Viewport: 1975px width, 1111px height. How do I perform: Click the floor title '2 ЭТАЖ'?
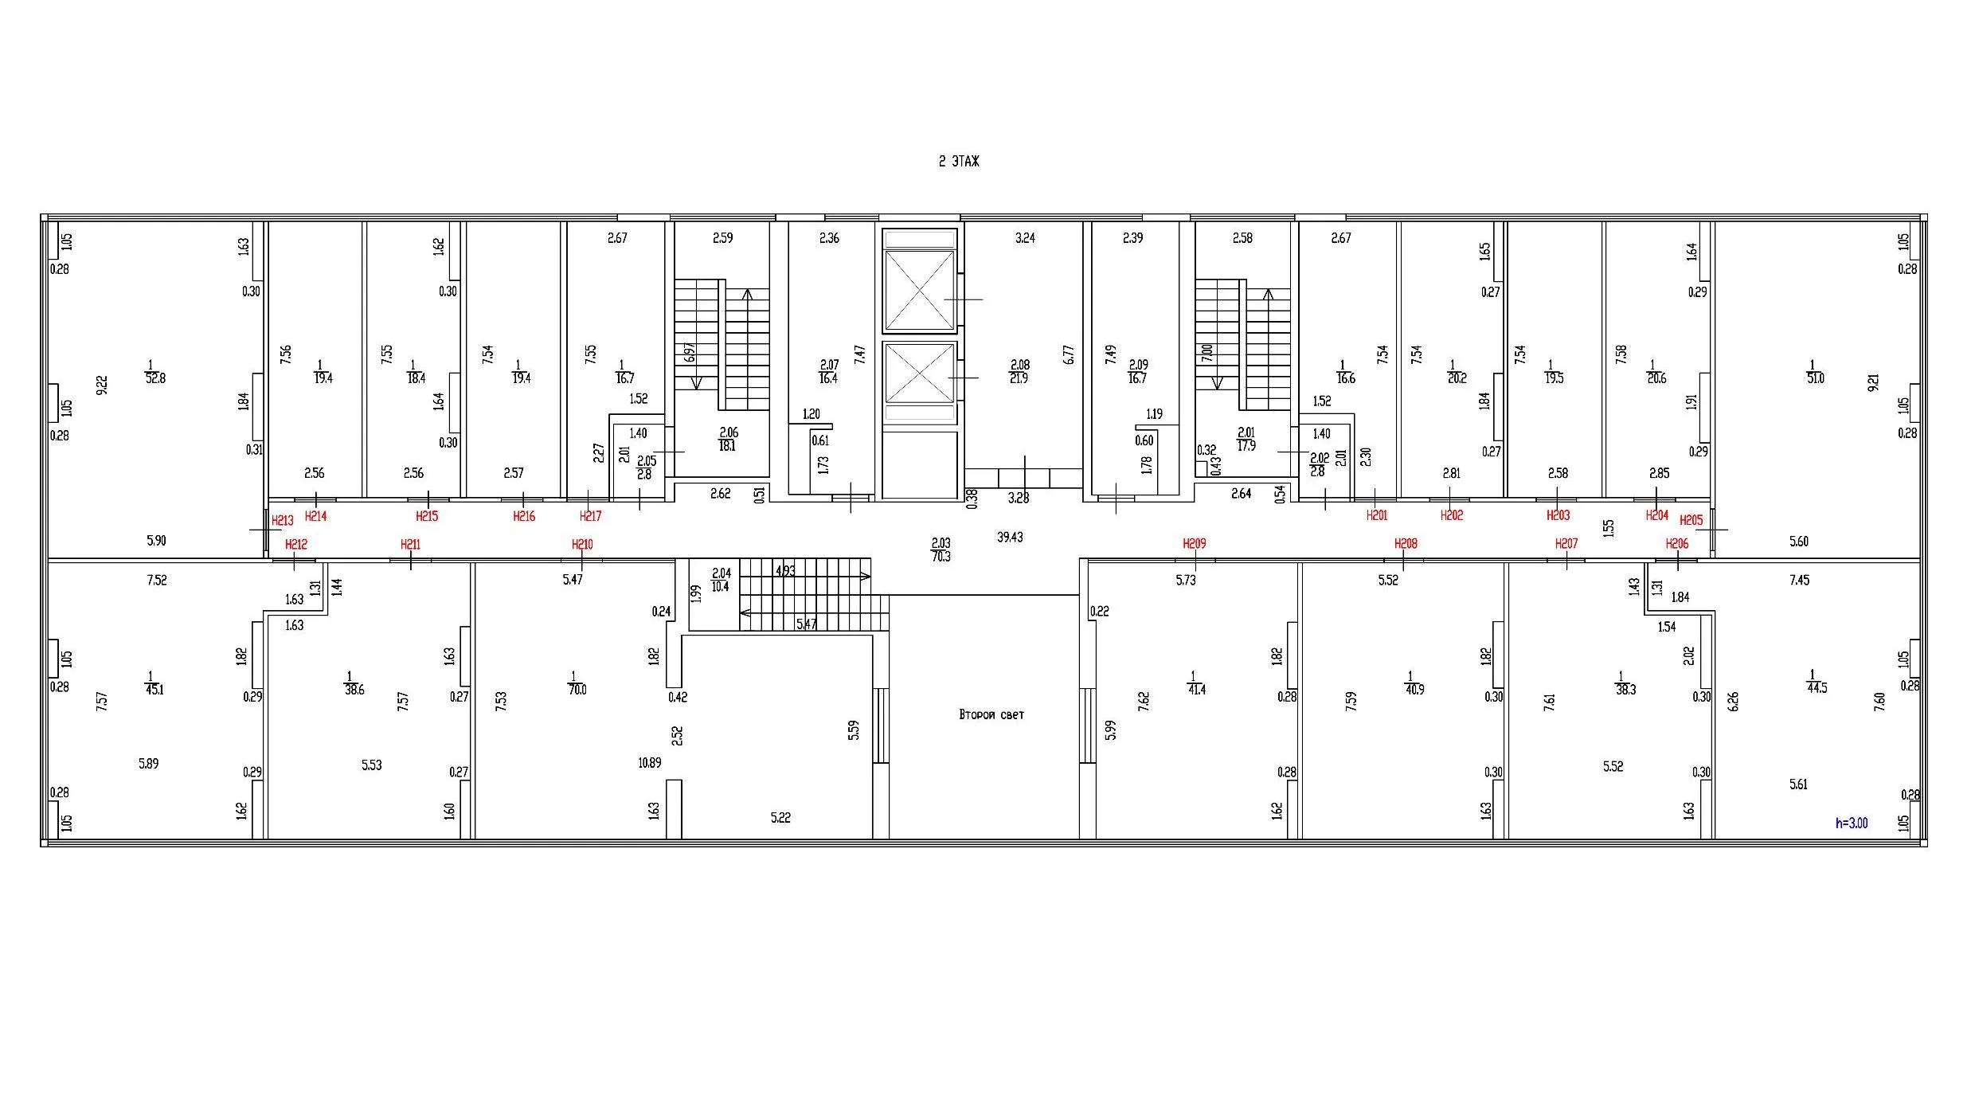click(959, 162)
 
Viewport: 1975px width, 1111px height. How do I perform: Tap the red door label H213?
click(283, 521)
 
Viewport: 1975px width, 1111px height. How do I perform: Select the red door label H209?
click(1195, 544)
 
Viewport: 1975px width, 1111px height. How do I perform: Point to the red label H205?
click(1691, 521)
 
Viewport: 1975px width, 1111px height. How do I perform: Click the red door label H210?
click(582, 545)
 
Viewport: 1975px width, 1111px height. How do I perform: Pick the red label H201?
click(1377, 516)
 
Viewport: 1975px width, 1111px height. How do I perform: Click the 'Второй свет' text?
click(991, 715)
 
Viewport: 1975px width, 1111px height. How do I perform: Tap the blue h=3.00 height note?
click(1852, 823)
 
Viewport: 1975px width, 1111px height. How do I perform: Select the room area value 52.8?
click(155, 379)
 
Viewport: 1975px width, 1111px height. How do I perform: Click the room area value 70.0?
click(577, 690)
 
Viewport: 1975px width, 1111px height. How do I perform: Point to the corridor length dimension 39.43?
click(1010, 538)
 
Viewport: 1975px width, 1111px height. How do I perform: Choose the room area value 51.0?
click(1816, 378)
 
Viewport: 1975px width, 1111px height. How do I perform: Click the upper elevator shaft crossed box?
click(920, 290)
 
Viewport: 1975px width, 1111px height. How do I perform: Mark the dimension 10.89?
click(650, 763)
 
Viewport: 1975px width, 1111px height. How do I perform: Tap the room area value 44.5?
click(1817, 688)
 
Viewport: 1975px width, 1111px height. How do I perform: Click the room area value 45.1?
click(154, 690)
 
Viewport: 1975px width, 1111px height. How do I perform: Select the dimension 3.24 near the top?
click(1025, 238)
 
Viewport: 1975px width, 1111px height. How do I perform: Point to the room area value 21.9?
click(1019, 379)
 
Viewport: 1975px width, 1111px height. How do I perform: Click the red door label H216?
click(524, 517)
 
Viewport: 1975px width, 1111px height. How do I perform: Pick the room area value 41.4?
click(1196, 690)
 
